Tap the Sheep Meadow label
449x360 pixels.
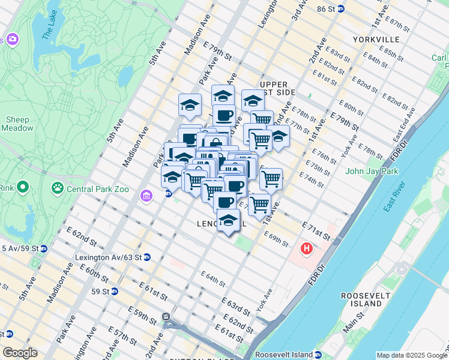click(18, 124)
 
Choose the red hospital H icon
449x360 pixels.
click(307, 248)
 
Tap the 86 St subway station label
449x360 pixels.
click(327, 9)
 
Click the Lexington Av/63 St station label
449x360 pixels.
click(107, 257)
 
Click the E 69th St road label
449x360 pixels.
click(278, 240)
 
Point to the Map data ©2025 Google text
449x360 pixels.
click(411, 355)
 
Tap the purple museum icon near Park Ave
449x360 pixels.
click(146, 196)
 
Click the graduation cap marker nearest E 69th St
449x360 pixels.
click(228, 222)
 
